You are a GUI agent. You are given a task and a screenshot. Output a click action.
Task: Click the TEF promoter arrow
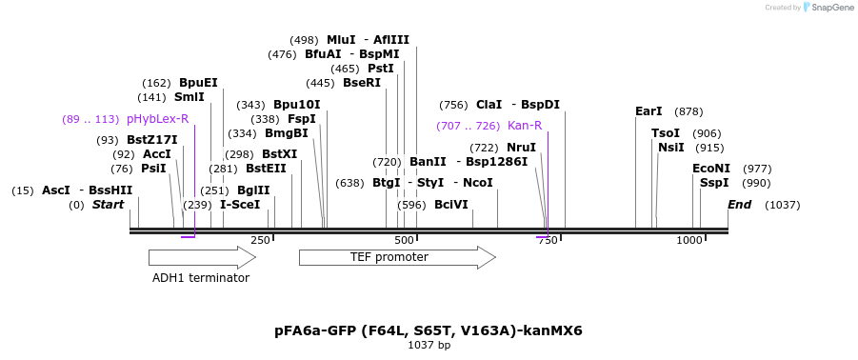[x=396, y=257]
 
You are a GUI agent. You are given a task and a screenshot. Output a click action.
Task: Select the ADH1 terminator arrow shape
[x=201, y=257]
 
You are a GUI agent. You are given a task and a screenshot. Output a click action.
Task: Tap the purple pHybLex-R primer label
[x=157, y=119]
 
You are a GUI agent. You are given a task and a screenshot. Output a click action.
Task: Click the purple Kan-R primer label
[x=525, y=126]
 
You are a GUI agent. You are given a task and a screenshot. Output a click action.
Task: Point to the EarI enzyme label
[x=648, y=111]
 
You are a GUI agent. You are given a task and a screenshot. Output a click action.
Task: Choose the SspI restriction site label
[x=714, y=183]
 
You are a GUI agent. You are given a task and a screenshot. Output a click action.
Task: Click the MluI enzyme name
[x=341, y=40]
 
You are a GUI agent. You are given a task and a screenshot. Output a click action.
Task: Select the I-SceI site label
[x=240, y=205]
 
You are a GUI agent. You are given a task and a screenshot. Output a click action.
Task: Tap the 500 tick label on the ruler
[x=404, y=241]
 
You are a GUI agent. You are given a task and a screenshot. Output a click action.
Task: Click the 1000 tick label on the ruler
[x=688, y=241]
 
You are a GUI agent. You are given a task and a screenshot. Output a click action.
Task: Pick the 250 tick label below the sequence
[x=260, y=241]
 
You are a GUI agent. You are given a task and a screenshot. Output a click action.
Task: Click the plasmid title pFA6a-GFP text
[x=428, y=330]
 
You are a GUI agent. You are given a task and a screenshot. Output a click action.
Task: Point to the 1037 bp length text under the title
[x=429, y=345]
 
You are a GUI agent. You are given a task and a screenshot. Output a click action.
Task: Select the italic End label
[x=740, y=205]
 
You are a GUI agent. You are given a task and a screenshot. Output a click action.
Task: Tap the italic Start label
[x=108, y=205]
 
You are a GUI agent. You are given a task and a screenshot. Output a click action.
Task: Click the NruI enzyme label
[x=521, y=148]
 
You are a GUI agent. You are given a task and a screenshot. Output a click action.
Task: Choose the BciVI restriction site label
[x=451, y=205]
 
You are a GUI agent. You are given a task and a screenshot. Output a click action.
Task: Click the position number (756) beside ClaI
[x=453, y=105]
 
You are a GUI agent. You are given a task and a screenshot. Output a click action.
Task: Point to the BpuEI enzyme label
[x=198, y=83]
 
